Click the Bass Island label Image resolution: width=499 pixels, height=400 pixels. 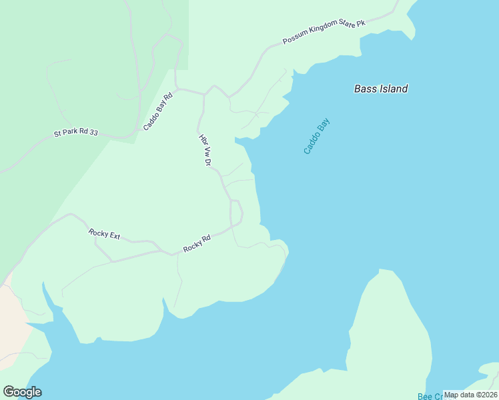(380, 89)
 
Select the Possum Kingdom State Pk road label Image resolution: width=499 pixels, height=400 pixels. (324, 32)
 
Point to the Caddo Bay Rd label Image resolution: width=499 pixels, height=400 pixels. (157, 111)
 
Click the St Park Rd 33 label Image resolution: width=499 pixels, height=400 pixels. (75, 133)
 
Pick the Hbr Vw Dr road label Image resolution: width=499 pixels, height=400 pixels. (205, 150)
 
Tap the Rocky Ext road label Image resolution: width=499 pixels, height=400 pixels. (104, 234)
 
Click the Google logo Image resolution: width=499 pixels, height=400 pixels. (22, 392)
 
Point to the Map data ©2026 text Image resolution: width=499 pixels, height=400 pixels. (470, 395)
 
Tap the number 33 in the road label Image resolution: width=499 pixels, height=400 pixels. (93, 133)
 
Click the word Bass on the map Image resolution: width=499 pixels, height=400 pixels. (365, 89)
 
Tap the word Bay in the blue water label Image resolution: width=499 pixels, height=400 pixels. (324, 125)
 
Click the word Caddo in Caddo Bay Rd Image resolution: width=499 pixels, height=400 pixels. (153, 118)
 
